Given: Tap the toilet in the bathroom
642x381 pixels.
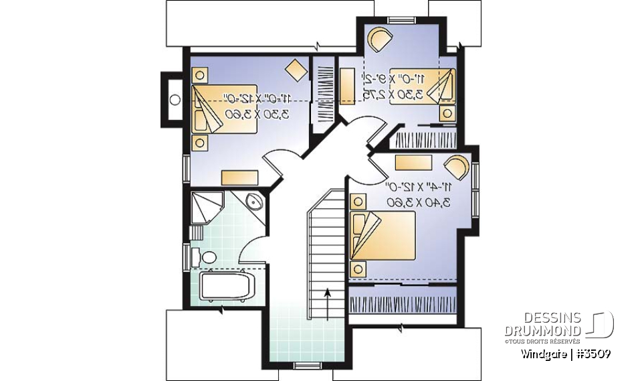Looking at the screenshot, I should (207, 256).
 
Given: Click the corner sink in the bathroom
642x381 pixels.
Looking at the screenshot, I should (253, 203).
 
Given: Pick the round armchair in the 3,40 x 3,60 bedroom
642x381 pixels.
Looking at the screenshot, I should (457, 166).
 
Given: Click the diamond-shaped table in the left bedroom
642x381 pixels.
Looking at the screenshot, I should (294, 68).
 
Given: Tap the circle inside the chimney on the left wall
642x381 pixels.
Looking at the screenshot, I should (175, 100).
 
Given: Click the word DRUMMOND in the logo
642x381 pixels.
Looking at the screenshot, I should (542, 331).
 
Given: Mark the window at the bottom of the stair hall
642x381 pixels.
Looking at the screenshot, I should (308, 365).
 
